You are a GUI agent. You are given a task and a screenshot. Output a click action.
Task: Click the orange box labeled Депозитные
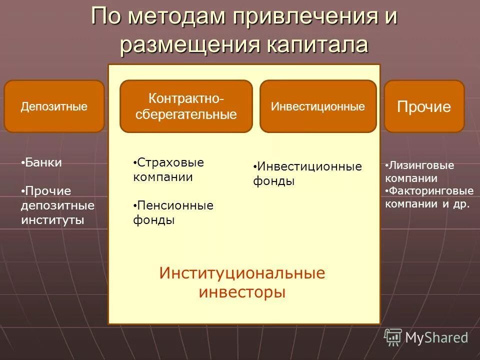(54, 106)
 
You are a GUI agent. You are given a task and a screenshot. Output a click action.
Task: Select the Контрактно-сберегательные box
(186, 106)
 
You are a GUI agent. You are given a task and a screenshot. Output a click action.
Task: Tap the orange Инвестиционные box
(317, 106)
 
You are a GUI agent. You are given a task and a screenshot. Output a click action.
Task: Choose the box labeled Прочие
(424, 106)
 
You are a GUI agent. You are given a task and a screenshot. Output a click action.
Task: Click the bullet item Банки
(43, 162)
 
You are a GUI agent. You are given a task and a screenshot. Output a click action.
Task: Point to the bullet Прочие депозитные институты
(57, 205)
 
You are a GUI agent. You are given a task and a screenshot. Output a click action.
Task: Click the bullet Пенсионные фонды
(173, 212)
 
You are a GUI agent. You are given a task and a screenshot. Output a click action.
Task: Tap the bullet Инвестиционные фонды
(307, 173)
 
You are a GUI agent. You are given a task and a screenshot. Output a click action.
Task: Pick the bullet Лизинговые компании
(420, 172)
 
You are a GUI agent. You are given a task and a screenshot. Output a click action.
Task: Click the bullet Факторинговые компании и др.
(429, 197)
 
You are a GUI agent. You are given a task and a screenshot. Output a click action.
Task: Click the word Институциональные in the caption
(242, 273)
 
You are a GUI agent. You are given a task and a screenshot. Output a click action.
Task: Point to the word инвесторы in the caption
(242, 291)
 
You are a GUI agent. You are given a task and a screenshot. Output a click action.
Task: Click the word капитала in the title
(316, 44)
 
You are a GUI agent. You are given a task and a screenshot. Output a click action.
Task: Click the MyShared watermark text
(436, 338)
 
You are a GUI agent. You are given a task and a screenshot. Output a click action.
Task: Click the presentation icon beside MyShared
(392, 337)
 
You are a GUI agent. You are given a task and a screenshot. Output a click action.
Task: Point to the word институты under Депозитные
(52, 220)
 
